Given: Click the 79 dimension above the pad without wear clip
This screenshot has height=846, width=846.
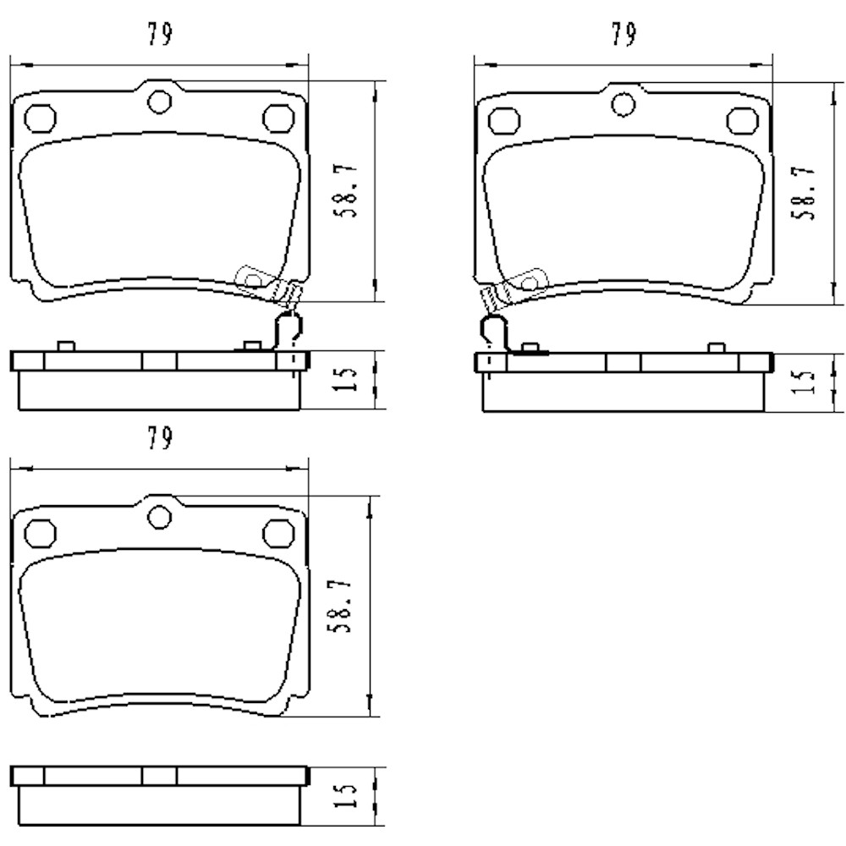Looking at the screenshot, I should tap(160, 437).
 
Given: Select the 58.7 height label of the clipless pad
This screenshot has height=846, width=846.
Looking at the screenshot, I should tap(343, 607).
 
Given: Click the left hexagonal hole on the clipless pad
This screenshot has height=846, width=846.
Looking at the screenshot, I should tap(38, 533).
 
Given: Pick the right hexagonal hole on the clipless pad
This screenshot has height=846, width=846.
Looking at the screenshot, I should tap(276, 533).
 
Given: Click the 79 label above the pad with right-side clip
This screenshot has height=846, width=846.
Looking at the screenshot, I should tap(160, 34).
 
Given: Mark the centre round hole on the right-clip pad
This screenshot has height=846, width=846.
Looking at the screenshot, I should tap(158, 101).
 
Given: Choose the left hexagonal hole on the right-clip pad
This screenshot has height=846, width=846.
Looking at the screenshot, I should tap(38, 118).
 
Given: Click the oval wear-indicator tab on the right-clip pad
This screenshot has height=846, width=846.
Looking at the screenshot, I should tap(252, 278).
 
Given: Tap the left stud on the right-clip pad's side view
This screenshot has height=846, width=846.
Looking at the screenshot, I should tap(64, 345).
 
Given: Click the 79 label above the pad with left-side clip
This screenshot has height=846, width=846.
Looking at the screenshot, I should tap(624, 34).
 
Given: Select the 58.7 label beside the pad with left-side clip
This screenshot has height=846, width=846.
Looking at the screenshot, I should tap(806, 192).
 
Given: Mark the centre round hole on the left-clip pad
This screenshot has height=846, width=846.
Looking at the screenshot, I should tap(623, 104).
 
